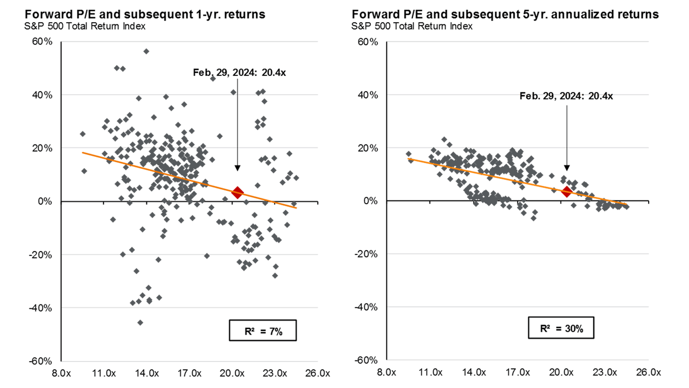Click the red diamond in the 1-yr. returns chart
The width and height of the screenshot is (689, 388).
(237, 191)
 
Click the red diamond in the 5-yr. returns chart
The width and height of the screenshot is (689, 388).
(566, 191)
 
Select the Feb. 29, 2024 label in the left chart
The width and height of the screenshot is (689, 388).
(239, 72)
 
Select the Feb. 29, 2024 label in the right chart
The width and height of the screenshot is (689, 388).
(566, 96)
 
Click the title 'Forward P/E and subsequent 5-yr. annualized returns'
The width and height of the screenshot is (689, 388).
(505, 15)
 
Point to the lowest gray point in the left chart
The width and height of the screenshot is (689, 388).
(140, 322)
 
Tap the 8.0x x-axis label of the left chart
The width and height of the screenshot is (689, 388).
(61, 372)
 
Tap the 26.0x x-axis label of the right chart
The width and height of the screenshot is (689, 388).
(648, 372)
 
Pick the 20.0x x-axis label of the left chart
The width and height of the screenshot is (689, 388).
(232, 372)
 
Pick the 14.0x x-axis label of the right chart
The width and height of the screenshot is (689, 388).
(474, 372)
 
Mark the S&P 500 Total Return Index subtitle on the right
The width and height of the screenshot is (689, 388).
(412, 26)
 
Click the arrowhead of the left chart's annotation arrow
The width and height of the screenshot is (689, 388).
(237, 168)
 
